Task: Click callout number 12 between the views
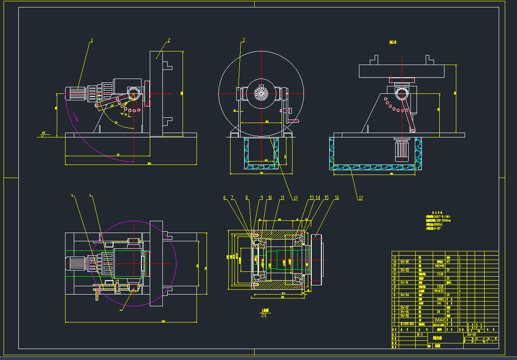click(x=295, y=198)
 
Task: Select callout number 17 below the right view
click(x=361, y=198)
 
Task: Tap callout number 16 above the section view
click(x=337, y=198)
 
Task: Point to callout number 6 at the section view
click(x=225, y=198)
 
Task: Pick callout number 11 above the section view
click(x=282, y=198)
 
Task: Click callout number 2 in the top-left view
click(x=169, y=40)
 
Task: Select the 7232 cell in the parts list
click(x=440, y=274)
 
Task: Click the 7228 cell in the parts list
click(x=440, y=286)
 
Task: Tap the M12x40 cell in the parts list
click(x=440, y=265)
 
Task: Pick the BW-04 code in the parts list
click(x=405, y=295)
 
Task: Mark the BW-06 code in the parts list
click(x=405, y=312)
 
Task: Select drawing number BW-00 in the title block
click(x=472, y=334)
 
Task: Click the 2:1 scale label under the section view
click(x=264, y=315)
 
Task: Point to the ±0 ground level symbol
click(x=43, y=134)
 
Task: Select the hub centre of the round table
click(x=261, y=93)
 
